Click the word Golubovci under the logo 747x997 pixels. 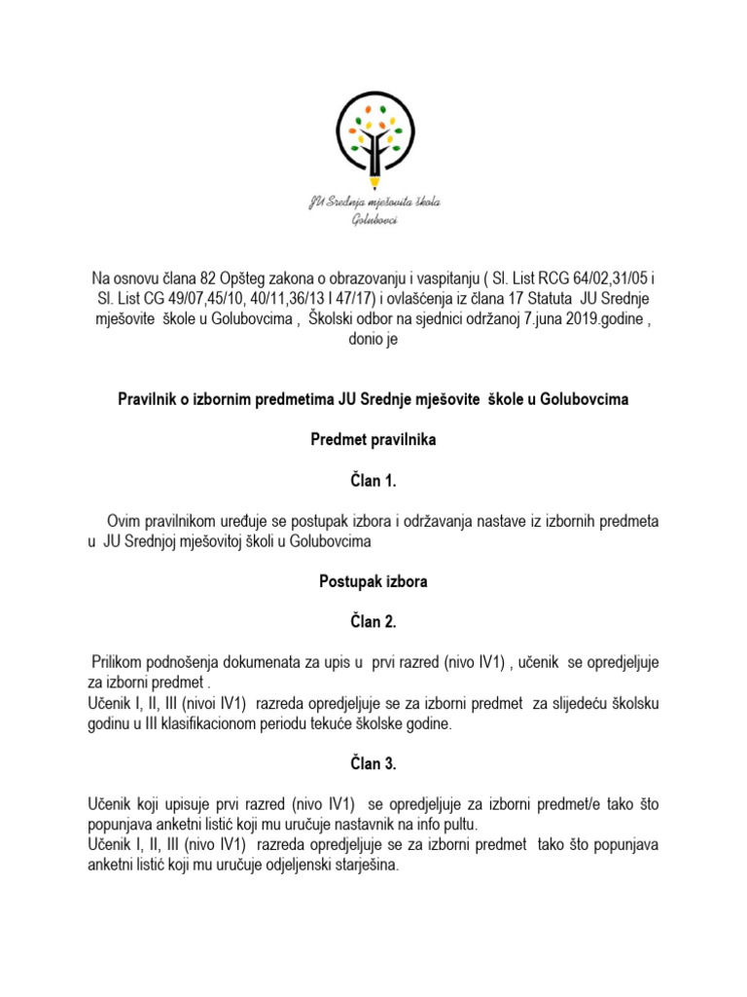[x=374, y=221]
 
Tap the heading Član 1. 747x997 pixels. [x=373, y=480]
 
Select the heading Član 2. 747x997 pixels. [x=373, y=622]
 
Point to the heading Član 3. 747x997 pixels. [x=373, y=764]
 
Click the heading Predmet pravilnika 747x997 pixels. [x=373, y=440]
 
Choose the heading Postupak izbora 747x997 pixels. [x=373, y=582]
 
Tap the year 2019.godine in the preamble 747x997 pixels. [x=595, y=320]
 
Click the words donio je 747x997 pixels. [x=373, y=341]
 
